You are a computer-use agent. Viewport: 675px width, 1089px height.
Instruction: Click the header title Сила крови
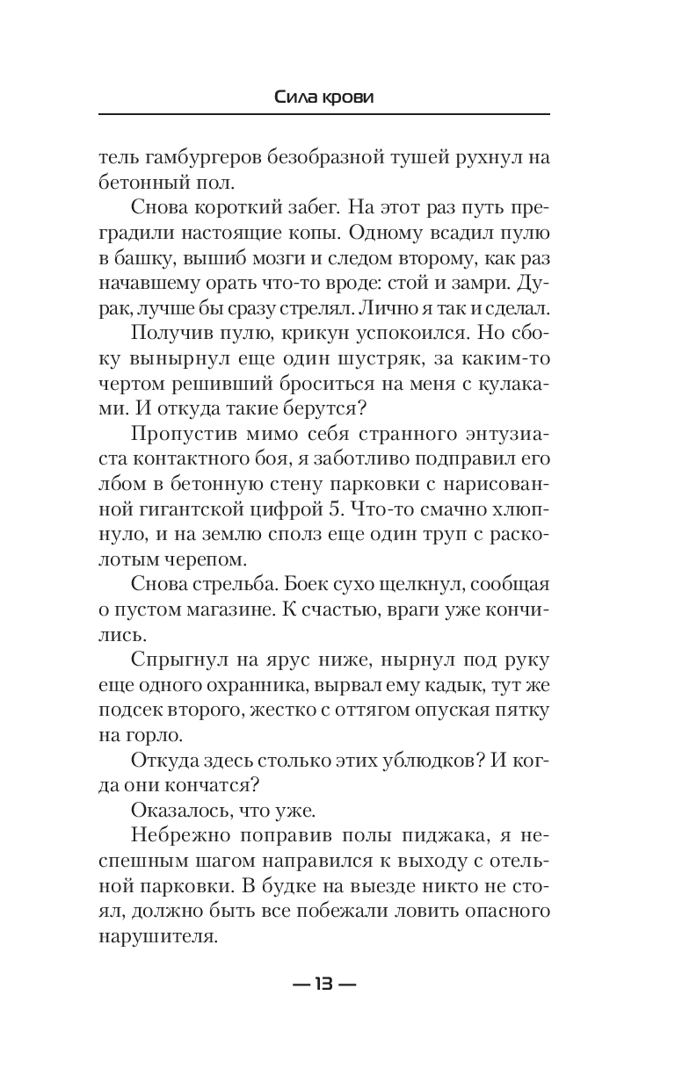[324, 97]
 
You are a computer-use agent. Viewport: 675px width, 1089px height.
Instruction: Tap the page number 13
[324, 984]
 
